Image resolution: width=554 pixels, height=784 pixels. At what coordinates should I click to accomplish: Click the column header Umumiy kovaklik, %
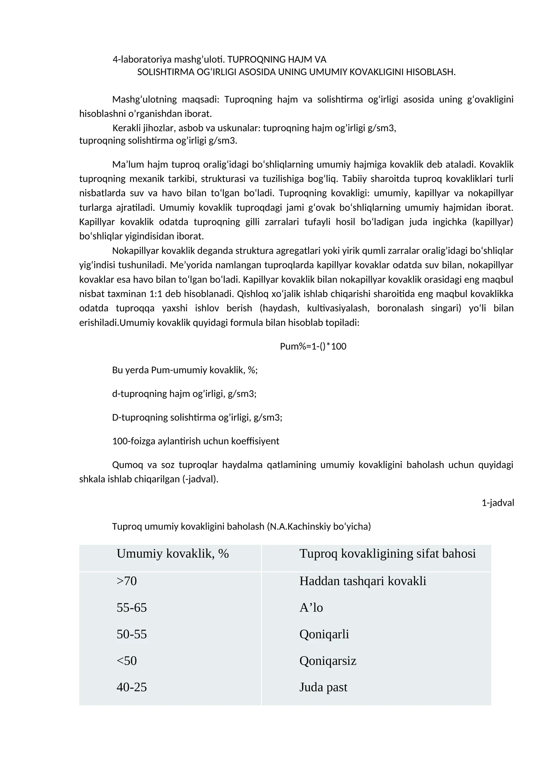172,554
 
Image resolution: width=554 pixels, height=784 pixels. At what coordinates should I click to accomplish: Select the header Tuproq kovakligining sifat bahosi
387,554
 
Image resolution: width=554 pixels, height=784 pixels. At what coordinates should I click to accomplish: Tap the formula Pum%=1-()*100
313,346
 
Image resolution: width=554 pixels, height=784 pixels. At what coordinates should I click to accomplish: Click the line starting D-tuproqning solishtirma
197,417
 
